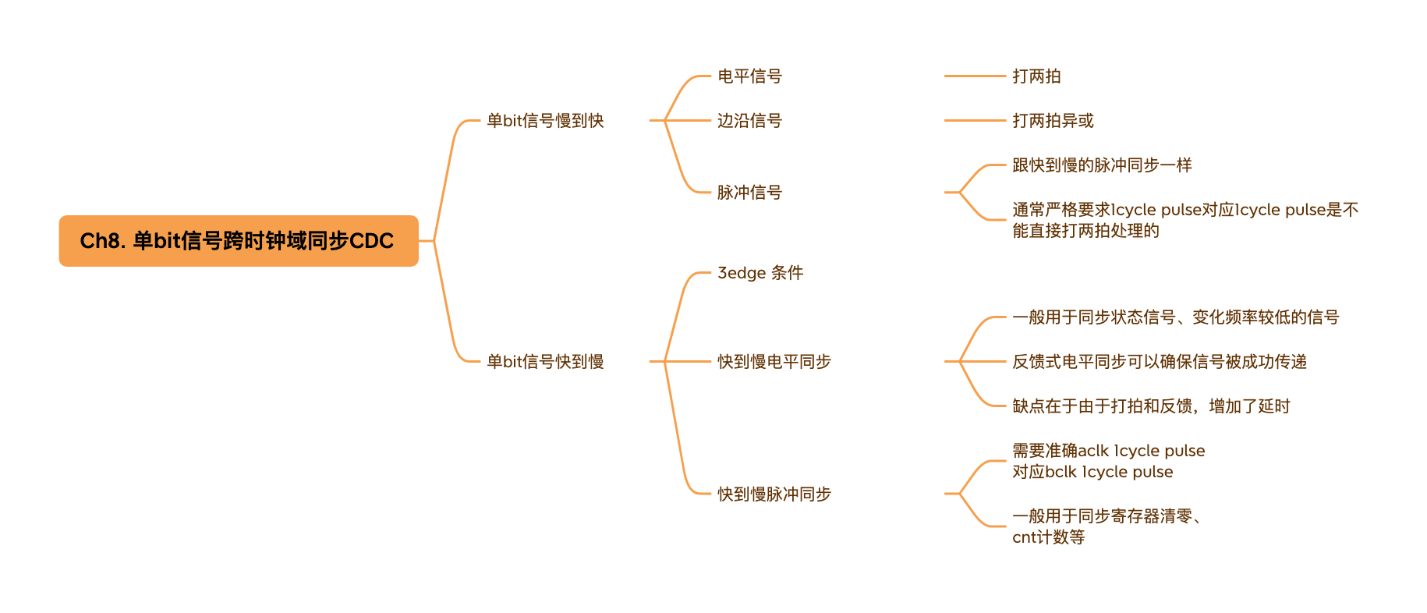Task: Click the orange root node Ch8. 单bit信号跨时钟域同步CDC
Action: (x=238, y=241)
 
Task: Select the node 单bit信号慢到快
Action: (x=545, y=121)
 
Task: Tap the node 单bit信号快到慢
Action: (x=545, y=362)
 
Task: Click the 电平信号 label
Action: (x=749, y=76)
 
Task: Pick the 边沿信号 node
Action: (x=749, y=121)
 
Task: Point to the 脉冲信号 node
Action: (x=749, y=193)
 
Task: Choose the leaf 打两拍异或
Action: (x=1053, y=121)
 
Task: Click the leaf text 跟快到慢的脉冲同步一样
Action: (x=1102, y=165)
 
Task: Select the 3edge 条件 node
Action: (x=760, y=273)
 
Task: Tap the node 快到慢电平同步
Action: (x=774, y=362)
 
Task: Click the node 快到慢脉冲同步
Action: (x=774, y=494)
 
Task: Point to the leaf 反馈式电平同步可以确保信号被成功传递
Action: (x=1160, y=362)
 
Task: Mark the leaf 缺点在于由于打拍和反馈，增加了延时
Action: (x=1151, y=406)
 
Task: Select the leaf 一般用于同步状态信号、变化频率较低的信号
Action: (x=1175, y=317)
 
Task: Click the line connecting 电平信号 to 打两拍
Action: (x=975, y=76)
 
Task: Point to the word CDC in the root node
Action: (x=371, y=241)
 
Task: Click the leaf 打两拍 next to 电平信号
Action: (x=1036, y=76)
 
